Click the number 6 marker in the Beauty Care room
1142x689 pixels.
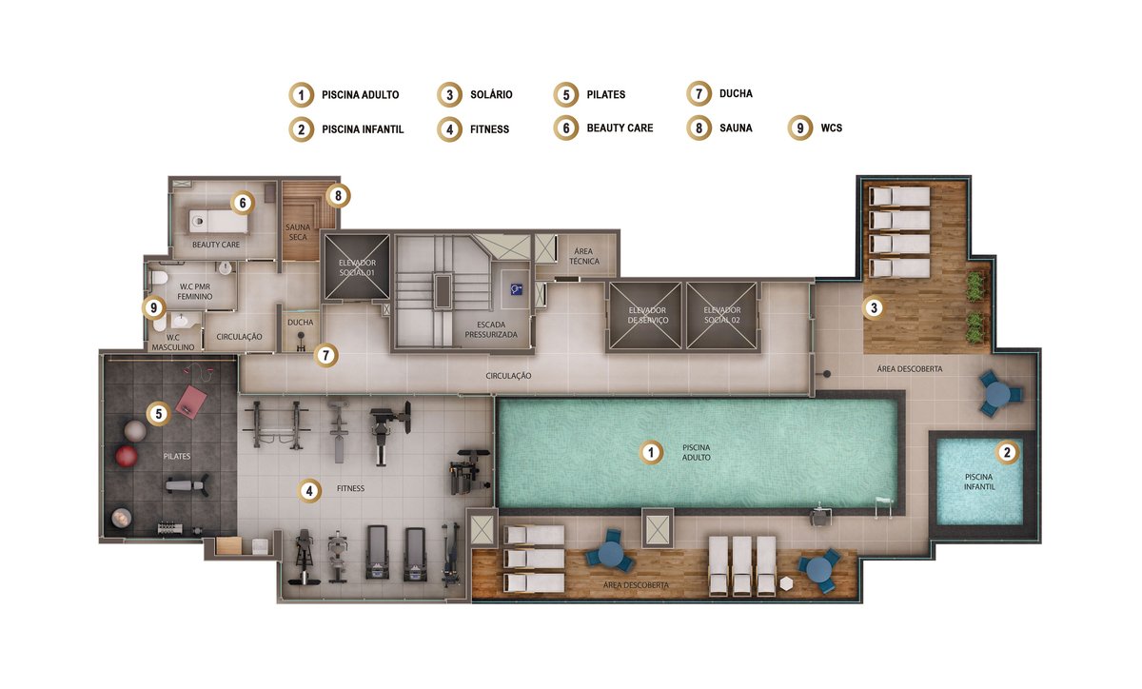(x=243, y=203)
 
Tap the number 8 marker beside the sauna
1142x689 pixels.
(x=338, y=195)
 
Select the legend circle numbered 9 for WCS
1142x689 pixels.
(x=800, y=128)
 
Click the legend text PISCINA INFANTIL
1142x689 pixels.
(x=363, y=129)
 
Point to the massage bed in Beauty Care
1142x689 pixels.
(x=219, y=222)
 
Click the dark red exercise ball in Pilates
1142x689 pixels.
(x=126, y=457)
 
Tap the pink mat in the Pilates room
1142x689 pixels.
(x=191, y=402)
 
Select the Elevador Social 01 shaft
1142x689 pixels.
(x=357, y=266)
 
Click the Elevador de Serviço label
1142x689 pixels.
(x=647, y=315)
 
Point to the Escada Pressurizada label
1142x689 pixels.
(x=491, y=329)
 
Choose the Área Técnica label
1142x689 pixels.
(x=583, y=256)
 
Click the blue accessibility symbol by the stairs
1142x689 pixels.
(x=516, y=289)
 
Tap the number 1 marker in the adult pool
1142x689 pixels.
(x=651, y=452)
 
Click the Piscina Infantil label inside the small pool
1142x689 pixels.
(x=979, y=482)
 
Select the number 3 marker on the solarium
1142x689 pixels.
(x=874, y=307)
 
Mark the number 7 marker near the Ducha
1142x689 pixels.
(x=326, y=355)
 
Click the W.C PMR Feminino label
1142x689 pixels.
(x=195, y=291)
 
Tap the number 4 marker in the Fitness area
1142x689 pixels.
(x=309, y=491)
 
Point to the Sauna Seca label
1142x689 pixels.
(x=298, y=232)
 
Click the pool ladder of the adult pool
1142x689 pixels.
(x=884, y=507)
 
